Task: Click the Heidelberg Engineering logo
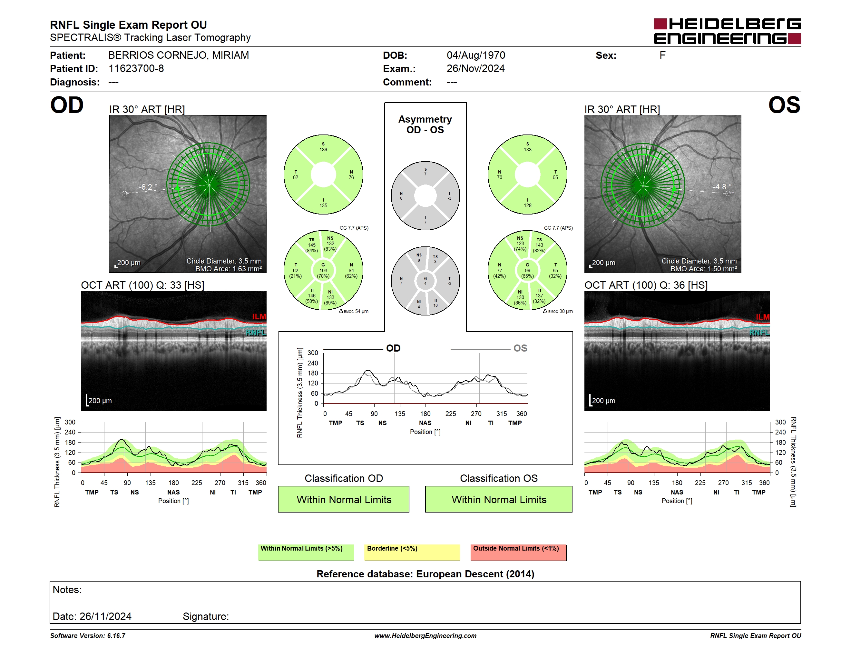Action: pyautogui.click(x=727, y=31)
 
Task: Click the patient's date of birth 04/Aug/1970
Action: pyautogui.click(x=476, y=55)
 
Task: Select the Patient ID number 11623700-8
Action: pyautogui.click(x=136, y=69)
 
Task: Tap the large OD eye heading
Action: pyautogui.click(x=67, y=105)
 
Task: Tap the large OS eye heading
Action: pyautogui.click(x=784, y=105)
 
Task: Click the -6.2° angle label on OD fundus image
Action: pyautogui.click(x=148, y=187)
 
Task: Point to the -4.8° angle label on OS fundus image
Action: pyautogui.click(x=722, y=187)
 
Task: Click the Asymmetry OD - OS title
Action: pyautogui.click(x=425, y=125)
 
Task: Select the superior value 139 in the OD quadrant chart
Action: pyautogui.click(x=323, y=150)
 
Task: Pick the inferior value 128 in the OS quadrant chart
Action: pyautogui.click(x=528, y=205)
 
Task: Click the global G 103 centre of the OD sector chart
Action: pyautogui.click(x=323, y=271)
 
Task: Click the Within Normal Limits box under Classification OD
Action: pyautogui.click(x=344, y=499)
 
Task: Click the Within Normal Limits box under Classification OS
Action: pyautogui.click(x=499, y=499)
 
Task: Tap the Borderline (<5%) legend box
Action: pyautogui.click(x=412, y=552)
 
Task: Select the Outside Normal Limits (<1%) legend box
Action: pyautogui.click(x=518, y=552)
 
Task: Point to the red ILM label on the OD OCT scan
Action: pyautogui.click(x=259, y=316)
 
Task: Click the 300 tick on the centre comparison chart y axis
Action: pyautogui.click(x=313, y=353)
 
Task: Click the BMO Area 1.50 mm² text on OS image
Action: pyautogui.click(x=704, y=269)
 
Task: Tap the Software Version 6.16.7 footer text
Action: pyautogui.click(x=88, y=636)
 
